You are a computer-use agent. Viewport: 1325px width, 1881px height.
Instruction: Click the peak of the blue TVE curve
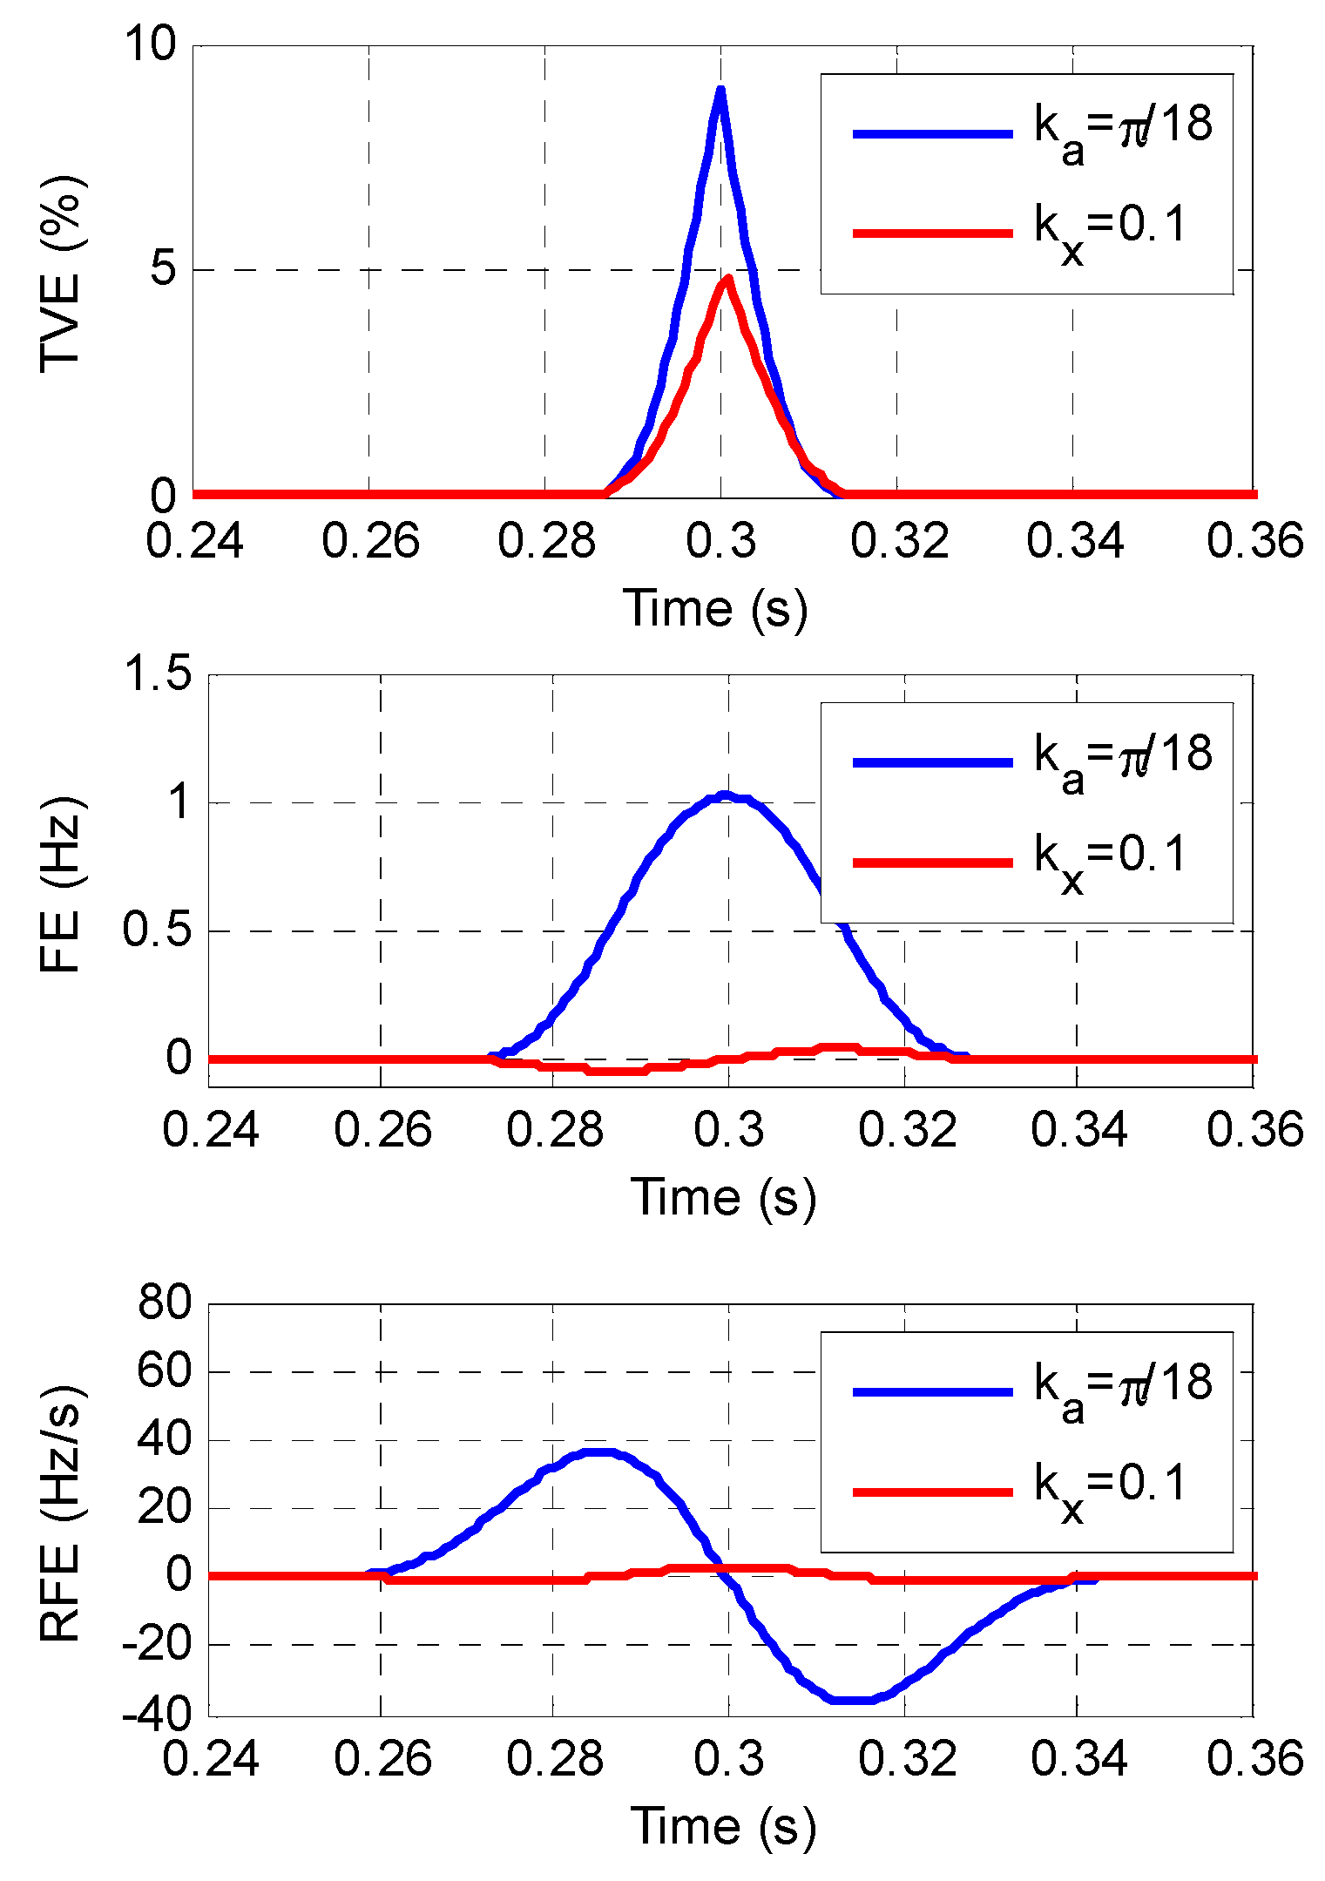tap(720, 90)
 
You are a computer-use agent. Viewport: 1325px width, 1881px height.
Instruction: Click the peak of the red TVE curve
tap(727, 280)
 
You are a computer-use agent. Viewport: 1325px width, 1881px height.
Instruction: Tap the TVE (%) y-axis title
tap(61, 274)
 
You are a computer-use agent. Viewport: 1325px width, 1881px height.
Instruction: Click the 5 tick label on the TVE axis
tap(163, 269)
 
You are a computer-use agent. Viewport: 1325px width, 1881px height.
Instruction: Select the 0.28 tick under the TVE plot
tap(546, 541)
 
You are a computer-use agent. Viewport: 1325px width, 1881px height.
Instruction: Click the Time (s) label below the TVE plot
tap(716, 609)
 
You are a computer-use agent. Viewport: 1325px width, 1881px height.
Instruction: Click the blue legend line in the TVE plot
tap(932, 133)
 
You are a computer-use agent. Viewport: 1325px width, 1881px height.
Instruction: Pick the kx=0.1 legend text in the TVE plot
tap(1112, 227)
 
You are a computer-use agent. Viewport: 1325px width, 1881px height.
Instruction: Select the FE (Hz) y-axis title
tap(61, 884)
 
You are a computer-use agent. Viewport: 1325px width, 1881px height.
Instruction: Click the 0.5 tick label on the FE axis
tap(157, 930)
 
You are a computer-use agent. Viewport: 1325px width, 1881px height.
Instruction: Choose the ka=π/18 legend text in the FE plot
tap(1123, 756)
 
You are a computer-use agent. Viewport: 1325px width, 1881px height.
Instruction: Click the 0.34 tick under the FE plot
tap(1078, 1130)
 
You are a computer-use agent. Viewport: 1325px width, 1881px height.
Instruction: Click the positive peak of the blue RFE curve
tap(598, 1452)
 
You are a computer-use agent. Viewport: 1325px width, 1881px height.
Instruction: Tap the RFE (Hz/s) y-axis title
tap(61, 1512)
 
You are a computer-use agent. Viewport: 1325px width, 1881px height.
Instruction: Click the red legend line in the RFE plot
tap(932, 1492)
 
